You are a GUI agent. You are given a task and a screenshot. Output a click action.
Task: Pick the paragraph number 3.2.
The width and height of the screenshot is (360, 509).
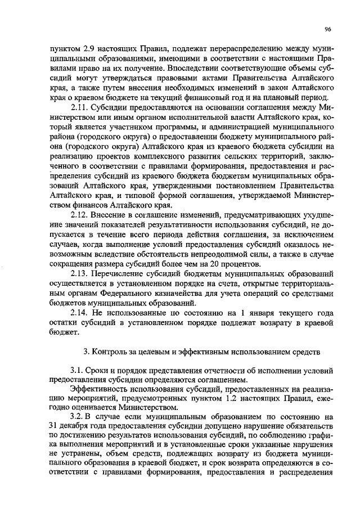tap(77, 419)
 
